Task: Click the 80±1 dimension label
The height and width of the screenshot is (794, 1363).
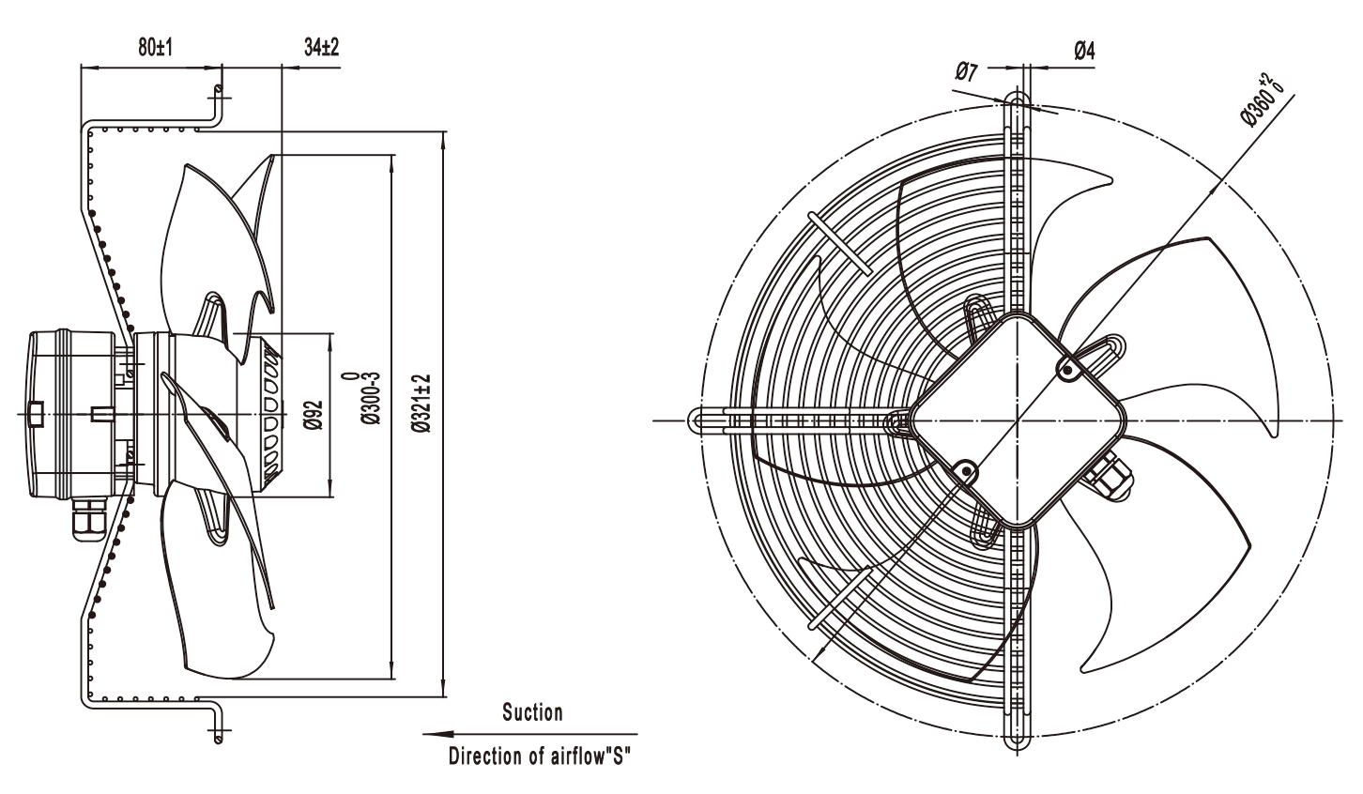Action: tap(156, 47)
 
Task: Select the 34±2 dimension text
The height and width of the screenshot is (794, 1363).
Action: tap(321, 47)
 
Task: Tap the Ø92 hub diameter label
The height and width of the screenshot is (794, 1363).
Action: tap(314, 415)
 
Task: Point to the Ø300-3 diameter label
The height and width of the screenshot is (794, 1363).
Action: tap(366, 399)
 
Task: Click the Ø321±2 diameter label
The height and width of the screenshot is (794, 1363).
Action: tap(421, 404)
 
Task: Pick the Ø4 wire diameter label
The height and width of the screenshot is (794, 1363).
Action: tap(1084, 51)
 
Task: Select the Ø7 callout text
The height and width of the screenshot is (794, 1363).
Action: tap(966, 71)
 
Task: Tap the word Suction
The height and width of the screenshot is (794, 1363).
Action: tap(532, 712)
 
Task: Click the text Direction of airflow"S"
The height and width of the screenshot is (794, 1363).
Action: tap(540, 756)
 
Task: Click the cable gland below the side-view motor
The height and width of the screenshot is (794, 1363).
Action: tap(89, 519)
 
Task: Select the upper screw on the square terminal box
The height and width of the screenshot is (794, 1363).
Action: tap(1068, 369)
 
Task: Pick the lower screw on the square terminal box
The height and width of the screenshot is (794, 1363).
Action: tap(965, 472)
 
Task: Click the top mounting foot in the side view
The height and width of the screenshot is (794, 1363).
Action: tap(216, 106)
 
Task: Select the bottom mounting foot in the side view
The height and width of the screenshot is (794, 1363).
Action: tap(216, 722)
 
